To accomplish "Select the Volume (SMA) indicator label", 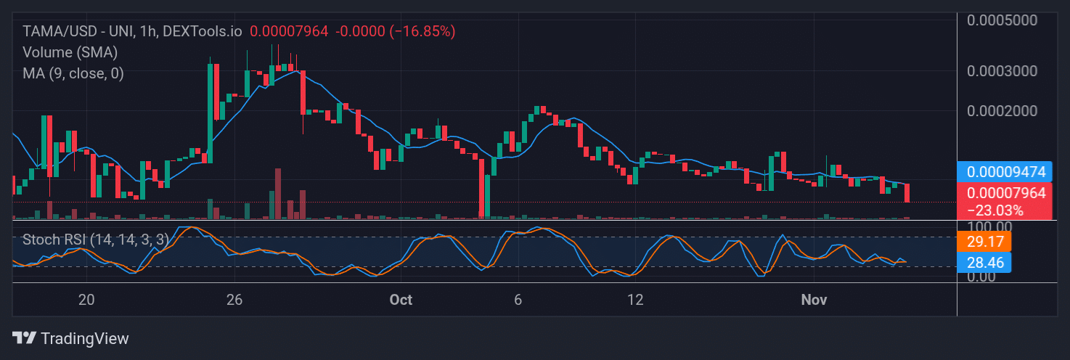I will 70,52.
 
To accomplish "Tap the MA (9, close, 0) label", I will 73,73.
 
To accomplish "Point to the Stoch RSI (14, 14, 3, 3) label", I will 95,239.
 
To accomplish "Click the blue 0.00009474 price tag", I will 1005,172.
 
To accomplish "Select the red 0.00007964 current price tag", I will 1005,193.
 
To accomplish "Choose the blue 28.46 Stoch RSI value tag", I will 984,262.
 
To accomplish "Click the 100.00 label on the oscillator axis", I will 987,226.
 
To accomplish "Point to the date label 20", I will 86,300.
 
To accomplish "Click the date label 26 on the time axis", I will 234,300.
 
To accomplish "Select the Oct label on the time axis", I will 401,300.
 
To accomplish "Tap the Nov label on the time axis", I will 813,300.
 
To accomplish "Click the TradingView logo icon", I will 25,338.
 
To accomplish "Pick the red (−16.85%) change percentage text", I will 422,31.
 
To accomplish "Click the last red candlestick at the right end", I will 907,193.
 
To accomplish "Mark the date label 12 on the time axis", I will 636,300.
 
